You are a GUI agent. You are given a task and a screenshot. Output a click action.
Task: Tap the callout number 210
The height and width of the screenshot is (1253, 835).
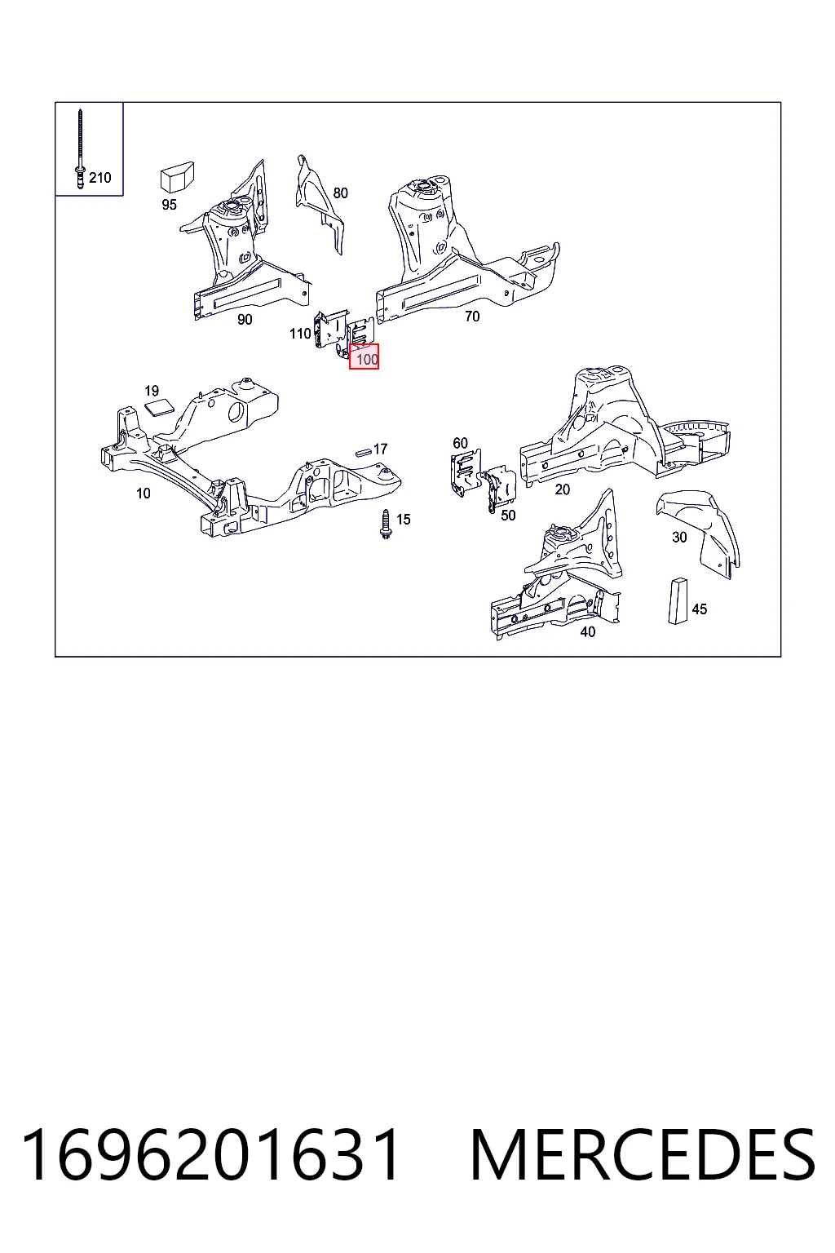pos(100,178)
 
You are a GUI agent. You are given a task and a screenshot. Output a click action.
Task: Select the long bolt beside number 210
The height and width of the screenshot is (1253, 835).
pos(80,148)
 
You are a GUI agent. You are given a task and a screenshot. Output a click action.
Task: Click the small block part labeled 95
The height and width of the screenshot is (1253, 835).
pos(177,177)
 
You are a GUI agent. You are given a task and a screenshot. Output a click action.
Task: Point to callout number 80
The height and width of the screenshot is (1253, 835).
pos(340,193)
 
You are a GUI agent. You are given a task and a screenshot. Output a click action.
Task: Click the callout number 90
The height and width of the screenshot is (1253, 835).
pos(245,320)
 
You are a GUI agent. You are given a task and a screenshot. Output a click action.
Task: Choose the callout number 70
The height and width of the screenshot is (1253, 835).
pos(472,317)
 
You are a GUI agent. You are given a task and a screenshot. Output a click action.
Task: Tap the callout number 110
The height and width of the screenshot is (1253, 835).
pos(300,334)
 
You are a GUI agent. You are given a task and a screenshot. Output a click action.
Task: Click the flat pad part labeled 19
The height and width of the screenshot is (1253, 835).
pos(159,407)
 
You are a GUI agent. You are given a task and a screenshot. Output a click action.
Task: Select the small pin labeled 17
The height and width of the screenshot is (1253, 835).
pos(364,451)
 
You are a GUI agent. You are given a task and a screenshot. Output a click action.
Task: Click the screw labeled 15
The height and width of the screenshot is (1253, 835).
pos(385,525)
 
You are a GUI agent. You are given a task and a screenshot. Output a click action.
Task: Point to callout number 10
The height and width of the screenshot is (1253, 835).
pos(144,494)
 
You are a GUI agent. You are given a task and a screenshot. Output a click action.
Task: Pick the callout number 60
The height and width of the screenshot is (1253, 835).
pos(460,443)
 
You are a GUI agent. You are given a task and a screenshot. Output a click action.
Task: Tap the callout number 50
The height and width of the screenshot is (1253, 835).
pos(508,516)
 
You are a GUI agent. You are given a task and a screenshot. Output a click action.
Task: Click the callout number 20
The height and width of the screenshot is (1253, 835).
pos(562,489)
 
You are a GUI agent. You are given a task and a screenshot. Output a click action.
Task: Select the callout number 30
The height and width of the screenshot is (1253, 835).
pos(679,537)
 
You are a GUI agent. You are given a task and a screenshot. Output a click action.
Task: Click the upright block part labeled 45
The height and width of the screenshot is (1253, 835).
pos(678,600)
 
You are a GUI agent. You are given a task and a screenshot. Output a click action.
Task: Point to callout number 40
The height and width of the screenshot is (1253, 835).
pos(587,631)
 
